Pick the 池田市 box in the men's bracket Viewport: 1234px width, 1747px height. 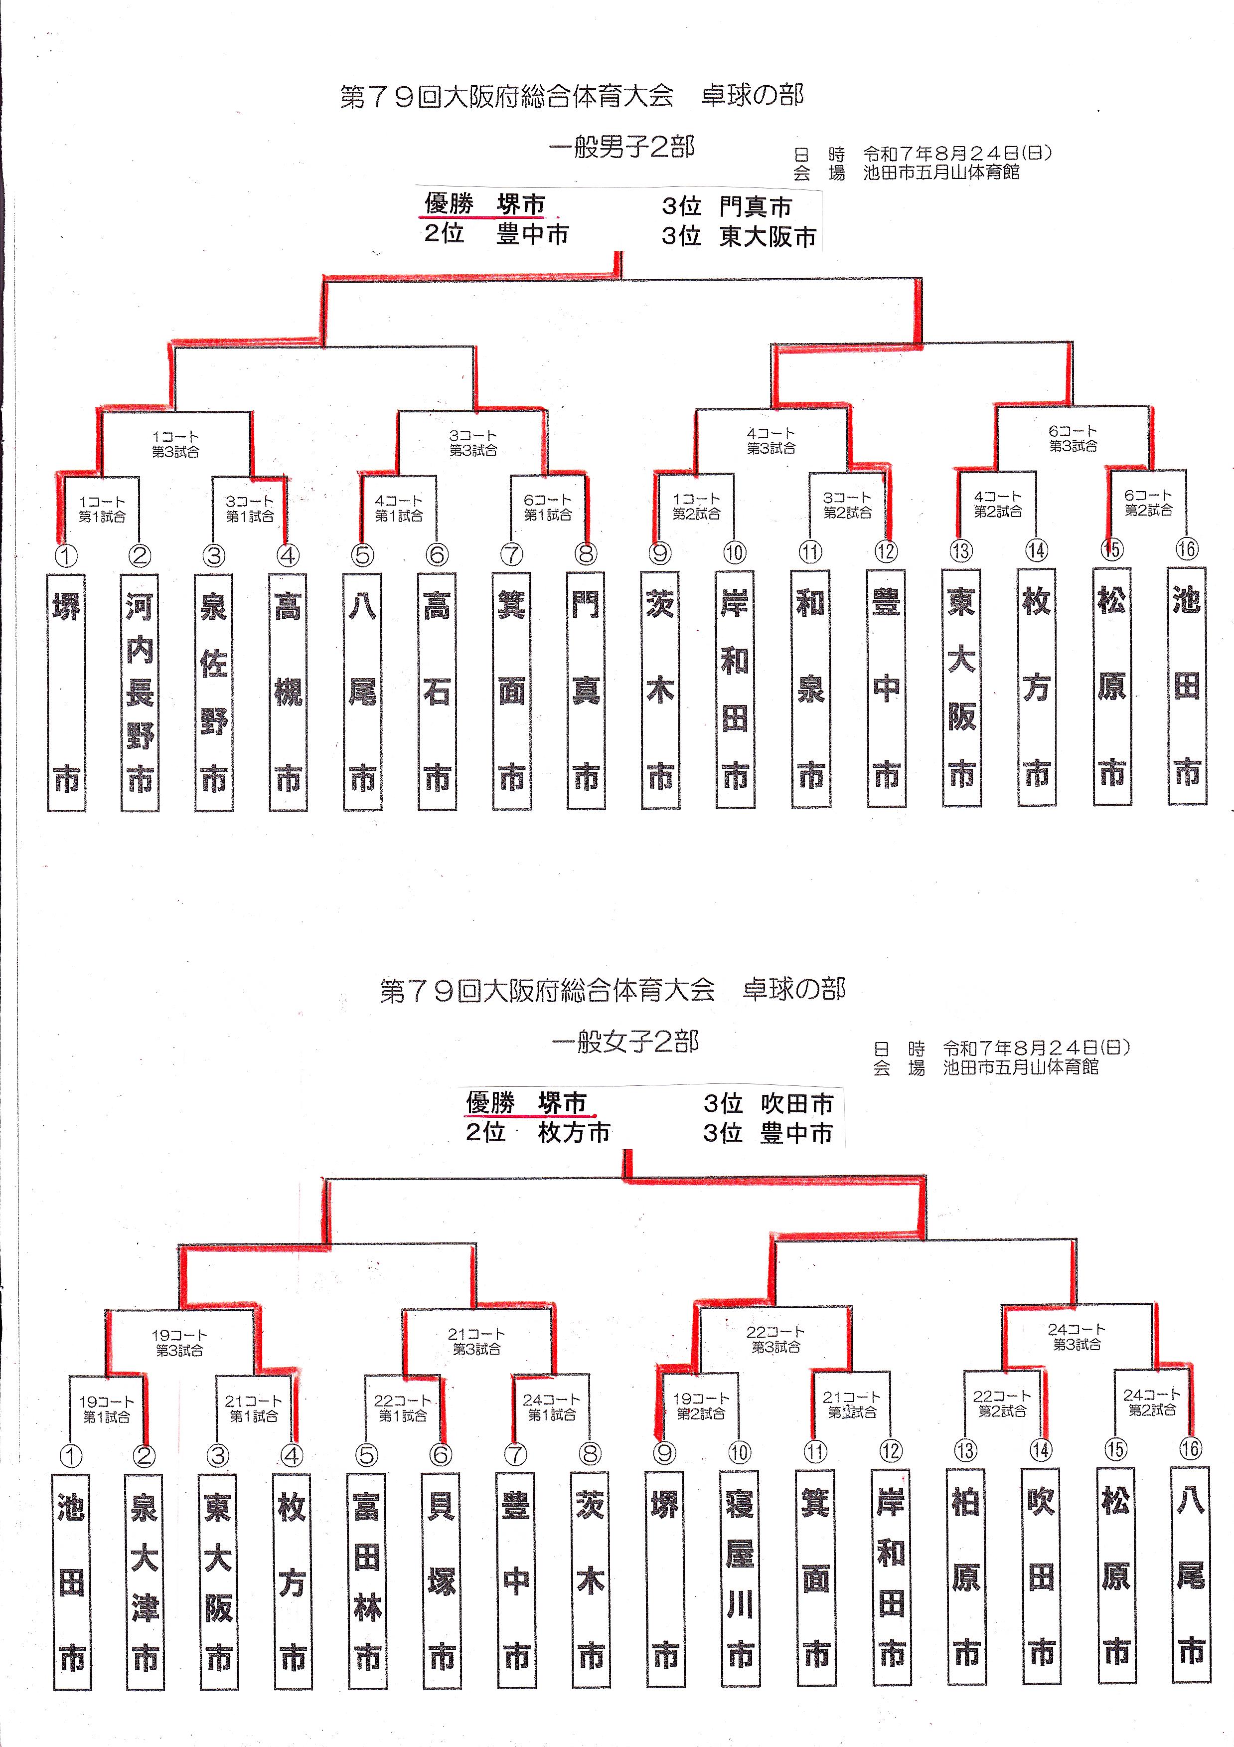pyautogui.click(x=1187, y=687)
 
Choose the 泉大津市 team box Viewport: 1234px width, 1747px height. pyautogui.click(x=145, y=1585)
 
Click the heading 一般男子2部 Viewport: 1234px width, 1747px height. pyautogui.click(x=621, y=148)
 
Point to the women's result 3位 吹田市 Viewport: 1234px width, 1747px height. pyautogui.click(x=768, y=1103)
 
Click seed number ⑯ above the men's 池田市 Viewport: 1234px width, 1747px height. pyautogui.click(x=1187, y=548)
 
